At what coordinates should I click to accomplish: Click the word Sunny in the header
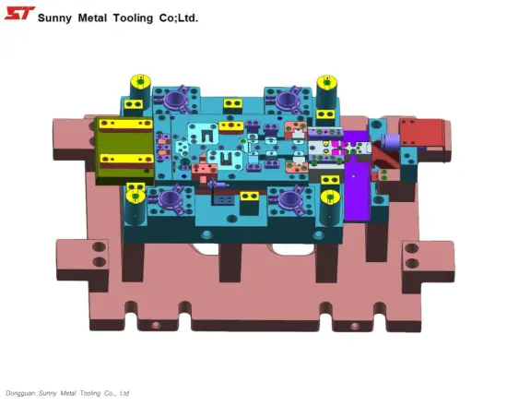(58, 17)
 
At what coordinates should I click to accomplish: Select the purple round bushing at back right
(284, 97)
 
